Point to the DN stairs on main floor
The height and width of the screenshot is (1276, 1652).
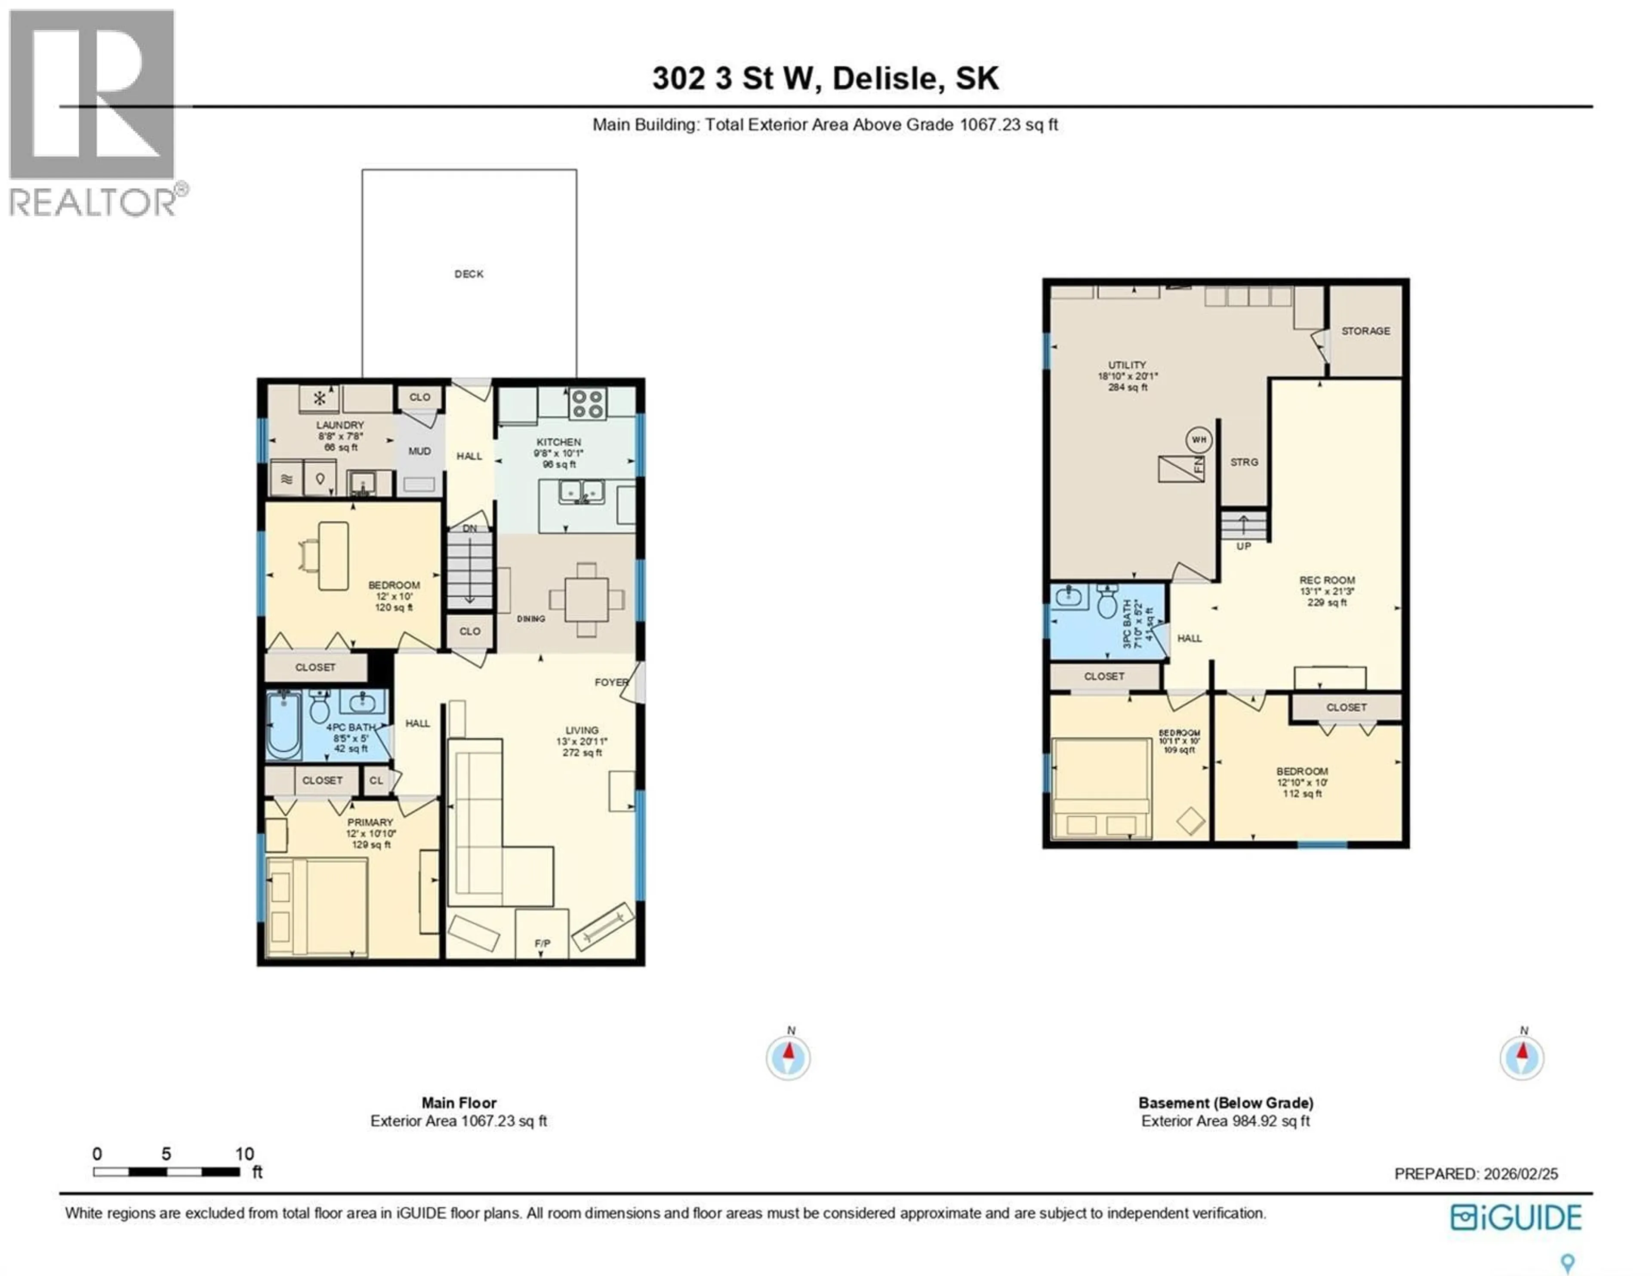coord(470,567)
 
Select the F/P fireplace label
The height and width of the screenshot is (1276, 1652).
coord(542,943)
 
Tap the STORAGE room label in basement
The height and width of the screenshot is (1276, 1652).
coord(1365,331)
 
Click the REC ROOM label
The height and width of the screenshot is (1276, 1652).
coord(1328,580)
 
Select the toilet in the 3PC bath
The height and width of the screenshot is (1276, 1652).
coord(1107,603)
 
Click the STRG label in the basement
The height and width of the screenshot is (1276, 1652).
coord(1244,462)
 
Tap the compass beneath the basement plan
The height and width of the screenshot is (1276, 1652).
coord(1522,1058)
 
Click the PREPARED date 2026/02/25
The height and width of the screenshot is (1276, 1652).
coord(1520,1174)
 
